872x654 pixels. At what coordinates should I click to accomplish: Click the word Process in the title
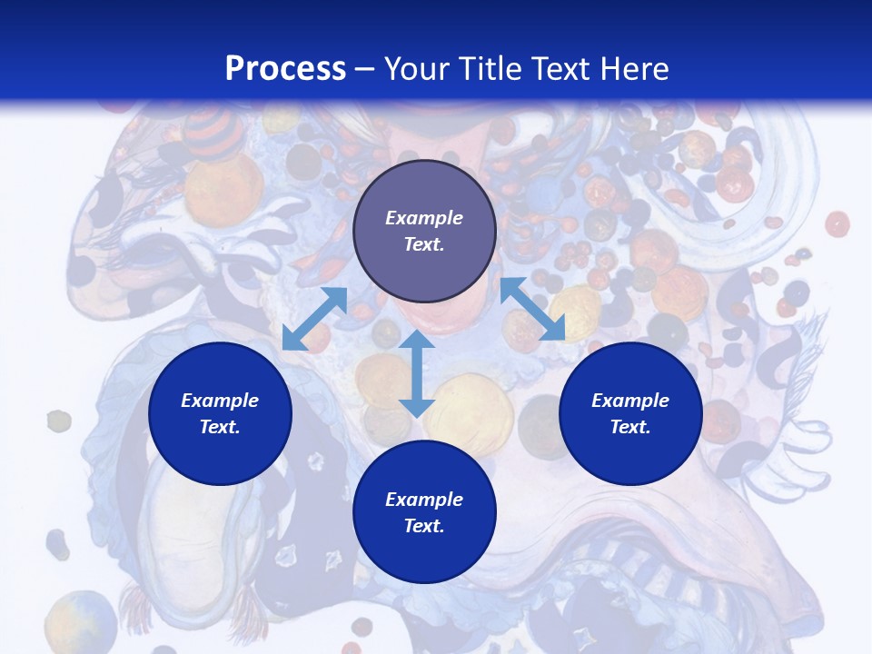click(285, 69)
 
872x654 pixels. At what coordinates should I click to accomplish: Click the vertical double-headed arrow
click(417, 373)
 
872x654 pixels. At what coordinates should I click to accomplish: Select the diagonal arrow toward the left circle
click(314, 319)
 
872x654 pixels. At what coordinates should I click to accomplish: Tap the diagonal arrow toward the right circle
click(533, 310)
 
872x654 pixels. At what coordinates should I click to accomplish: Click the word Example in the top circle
click(424, 218)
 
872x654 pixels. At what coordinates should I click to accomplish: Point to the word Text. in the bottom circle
click(424, 526)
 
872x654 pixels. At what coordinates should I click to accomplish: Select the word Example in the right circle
click(630, 401)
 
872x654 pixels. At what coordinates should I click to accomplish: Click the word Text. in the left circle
click(220, 427)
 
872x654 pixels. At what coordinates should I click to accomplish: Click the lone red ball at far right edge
click(837, 223)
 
